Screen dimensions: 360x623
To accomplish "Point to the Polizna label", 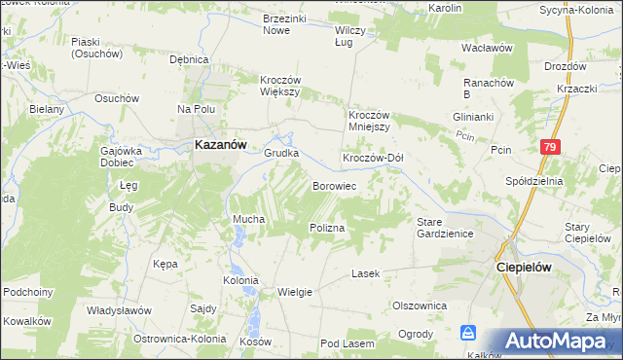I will coord(328,226).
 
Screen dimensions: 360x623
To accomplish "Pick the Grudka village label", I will coord(281,153).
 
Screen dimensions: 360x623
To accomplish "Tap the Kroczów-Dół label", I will coord(372,158).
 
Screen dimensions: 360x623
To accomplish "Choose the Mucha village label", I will coord(248,220).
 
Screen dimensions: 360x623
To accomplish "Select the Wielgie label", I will coord(295,291).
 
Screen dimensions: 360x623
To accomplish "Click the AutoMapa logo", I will coord(556,342).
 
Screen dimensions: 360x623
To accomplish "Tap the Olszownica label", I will coord(420,305).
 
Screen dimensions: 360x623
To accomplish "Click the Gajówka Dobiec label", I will coord(123,158).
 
